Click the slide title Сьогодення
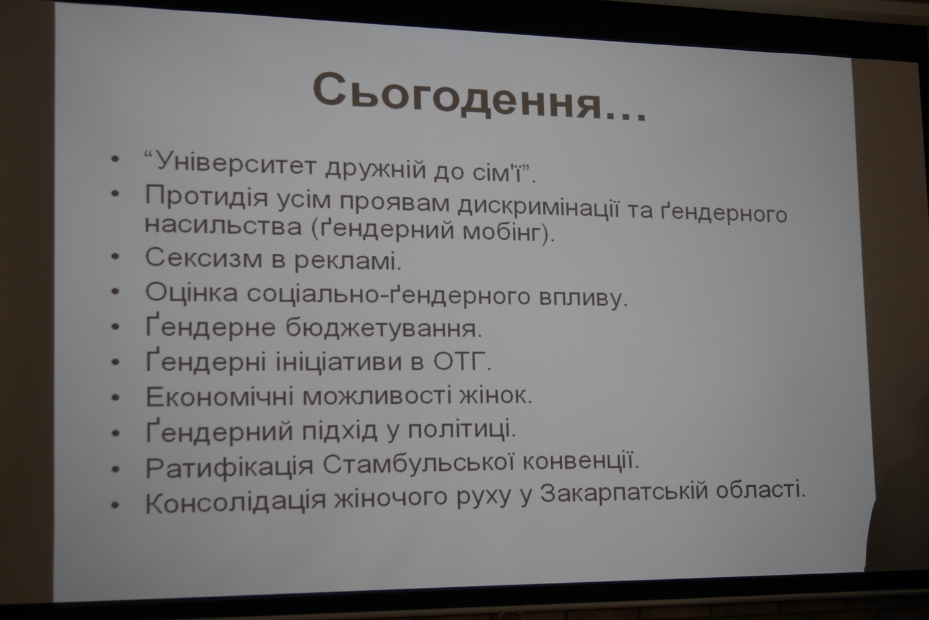[x=479, y=97]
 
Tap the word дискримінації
[x=539, y=207]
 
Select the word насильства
[x=223, y=227]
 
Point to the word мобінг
[x=508, y=233]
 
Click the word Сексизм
[x=204, y=258]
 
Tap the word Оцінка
[x=191, y=292]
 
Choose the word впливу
[x=583, y=298]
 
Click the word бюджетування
[x=383, y=328]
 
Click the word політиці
[x=462, y=429]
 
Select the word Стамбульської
[x=419, y=463]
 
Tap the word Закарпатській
[x=624, y=494]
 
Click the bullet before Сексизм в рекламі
[x=115, y=256]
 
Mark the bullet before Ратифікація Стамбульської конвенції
[x=116, y=469]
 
